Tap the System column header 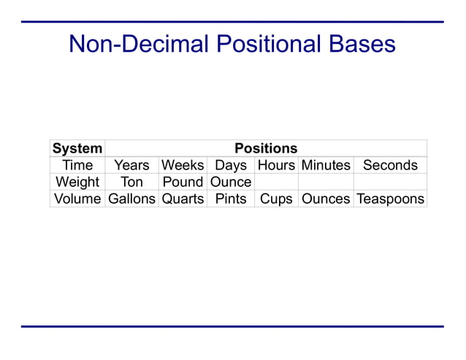pyautogui.click(x=77, y=148)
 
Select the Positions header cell pyautogui.click(x=265, y=148)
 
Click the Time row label pyautogui.click(x=77, y=165)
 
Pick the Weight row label pyautogui.click(x=77, y=182)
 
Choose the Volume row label pyautogui.click(x=77, y=199)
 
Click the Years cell pyautogui.click(x=131, y=165)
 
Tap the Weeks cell pyautogui.click(x=183, y=165)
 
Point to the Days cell pyautogui.click(x=231, y=165)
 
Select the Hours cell pyautogui.click(x=276, y=165)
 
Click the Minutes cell pyautogui.click(x=326, y=165)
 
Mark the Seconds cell pyautogui.click(x=390, y=165)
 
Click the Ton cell pyautogui.click(x=131, y=182)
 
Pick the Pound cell pyautogui.click(x=183, y=182)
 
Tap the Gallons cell pyautogui.click(x=131, y=199)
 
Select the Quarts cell pyautogui.click(x=183, y=199)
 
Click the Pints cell pyautogui.click(x=231, y=199)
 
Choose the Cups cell pyautogui.click(x=276, y=199)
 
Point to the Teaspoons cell pyautogui.click(x=390, y=199)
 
